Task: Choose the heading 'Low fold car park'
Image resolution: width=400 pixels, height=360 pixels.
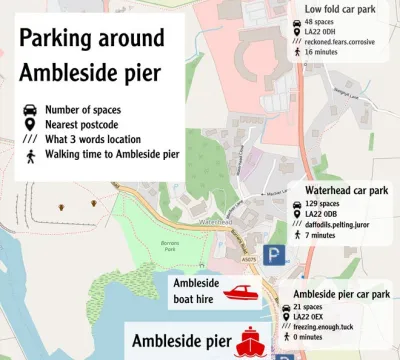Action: (x=346, y=10)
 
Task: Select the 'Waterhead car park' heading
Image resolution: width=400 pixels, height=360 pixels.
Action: (x=347, y=188)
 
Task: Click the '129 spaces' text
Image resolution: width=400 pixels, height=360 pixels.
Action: (x=323, y=204)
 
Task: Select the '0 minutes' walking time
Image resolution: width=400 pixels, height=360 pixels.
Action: (x=321, y=338)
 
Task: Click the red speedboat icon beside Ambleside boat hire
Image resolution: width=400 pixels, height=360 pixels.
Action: (x=241, y=292)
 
